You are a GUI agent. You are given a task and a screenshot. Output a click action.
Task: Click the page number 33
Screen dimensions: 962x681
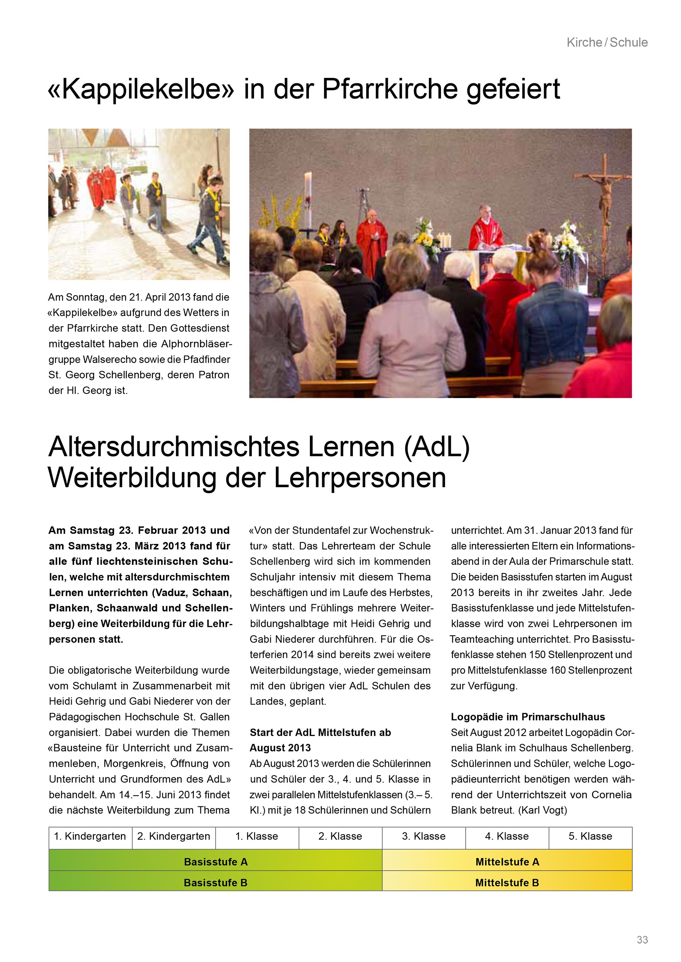[642, 940]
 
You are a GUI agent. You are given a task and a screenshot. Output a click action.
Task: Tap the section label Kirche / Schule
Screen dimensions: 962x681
[607, 42]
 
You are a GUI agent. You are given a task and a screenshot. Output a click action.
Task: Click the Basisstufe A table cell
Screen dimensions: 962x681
[216, 862]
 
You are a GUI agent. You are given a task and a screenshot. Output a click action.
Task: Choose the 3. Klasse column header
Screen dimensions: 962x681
[423, 836]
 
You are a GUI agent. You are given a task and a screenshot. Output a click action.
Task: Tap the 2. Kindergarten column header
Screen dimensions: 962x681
[173, 836]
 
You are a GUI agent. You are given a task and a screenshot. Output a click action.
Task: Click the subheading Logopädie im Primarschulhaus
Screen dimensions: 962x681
[528, 716]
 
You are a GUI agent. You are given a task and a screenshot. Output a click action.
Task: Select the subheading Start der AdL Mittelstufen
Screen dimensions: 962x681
[320, 732]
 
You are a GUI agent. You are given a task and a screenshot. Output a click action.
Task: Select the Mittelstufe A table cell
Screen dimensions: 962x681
[507, 862]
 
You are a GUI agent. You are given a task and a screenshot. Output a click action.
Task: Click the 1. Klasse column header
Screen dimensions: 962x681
[257, 836]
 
